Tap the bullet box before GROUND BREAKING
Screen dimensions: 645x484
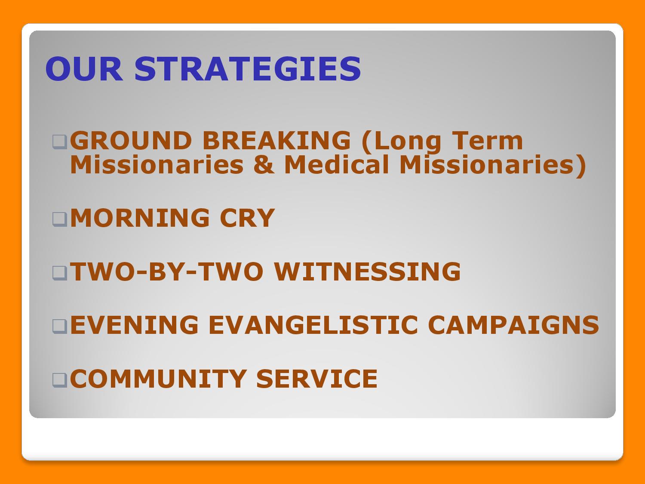point(60,142)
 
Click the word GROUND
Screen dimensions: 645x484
point(131,141)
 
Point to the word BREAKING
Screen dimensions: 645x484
point(276,141)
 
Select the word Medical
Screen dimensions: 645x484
point(336,165)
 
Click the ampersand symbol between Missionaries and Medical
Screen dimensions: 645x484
point(264,165)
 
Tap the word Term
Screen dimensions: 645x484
point(488,141)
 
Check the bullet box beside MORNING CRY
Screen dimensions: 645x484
point(60,219)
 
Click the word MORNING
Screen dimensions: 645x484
point(140,218)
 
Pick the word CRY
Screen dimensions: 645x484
point(247,218)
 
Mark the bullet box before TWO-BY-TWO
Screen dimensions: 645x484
point(60,273)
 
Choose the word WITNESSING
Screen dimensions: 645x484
point(367,271)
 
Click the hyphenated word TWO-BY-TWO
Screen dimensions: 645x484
point(166,271)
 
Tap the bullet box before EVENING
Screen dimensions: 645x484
point(60,327)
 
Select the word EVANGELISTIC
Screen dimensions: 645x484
point(313,325)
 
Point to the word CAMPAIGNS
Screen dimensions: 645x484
point(513,325)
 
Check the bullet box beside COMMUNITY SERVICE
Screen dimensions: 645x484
point(60,380)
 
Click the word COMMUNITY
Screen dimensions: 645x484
point(158,379)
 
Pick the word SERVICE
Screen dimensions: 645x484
point(317,379)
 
